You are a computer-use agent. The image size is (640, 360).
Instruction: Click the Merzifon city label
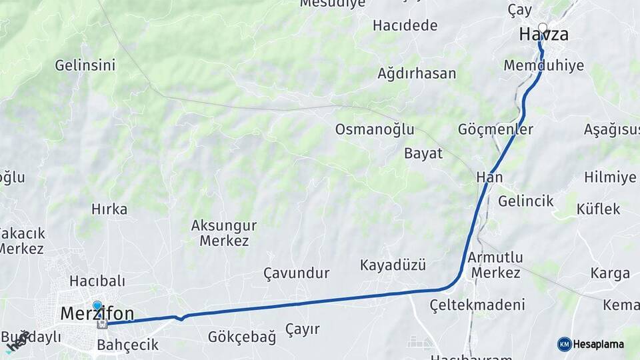point(97,313)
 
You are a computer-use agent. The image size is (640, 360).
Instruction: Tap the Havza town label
point(544,35)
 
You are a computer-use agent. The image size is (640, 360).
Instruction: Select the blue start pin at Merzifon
point(97,306)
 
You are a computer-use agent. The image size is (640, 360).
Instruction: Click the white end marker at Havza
point(543,29)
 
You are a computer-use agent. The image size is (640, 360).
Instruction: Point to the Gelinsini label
point(85,65)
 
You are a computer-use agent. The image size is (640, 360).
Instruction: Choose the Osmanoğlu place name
point(375,129)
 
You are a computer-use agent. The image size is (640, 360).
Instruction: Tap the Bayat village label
point(423,153)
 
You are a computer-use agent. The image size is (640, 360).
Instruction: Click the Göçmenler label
point(495,129)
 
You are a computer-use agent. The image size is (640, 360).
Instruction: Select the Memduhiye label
point(544,65)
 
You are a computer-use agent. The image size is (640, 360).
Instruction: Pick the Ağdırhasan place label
point(417,73)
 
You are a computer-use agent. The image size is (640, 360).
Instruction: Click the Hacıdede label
point(405,25)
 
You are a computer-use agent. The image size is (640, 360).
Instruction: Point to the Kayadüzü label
point(393,265)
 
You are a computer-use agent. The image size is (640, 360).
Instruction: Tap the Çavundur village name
point(297,273)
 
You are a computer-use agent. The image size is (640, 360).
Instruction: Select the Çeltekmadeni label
point(477,305)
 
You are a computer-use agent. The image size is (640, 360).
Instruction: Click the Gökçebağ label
point(242,337)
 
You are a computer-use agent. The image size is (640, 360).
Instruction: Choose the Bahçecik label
point(128,345)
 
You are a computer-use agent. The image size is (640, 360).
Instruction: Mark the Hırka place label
point(109,209)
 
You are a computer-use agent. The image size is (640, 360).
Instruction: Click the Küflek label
point(599,209)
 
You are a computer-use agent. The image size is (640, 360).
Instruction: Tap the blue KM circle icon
point(565,344)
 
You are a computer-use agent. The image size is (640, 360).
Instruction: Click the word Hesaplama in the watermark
point(598,345)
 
